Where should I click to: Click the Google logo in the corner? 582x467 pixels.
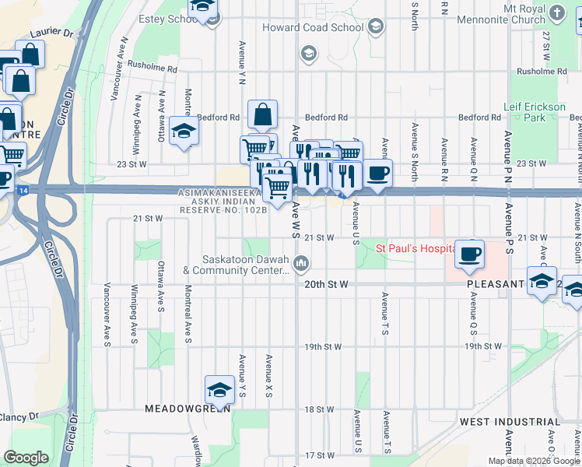[26, 457]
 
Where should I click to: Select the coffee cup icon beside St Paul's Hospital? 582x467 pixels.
[469, 255]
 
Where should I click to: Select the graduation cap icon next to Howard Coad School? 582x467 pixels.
[376, 27]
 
